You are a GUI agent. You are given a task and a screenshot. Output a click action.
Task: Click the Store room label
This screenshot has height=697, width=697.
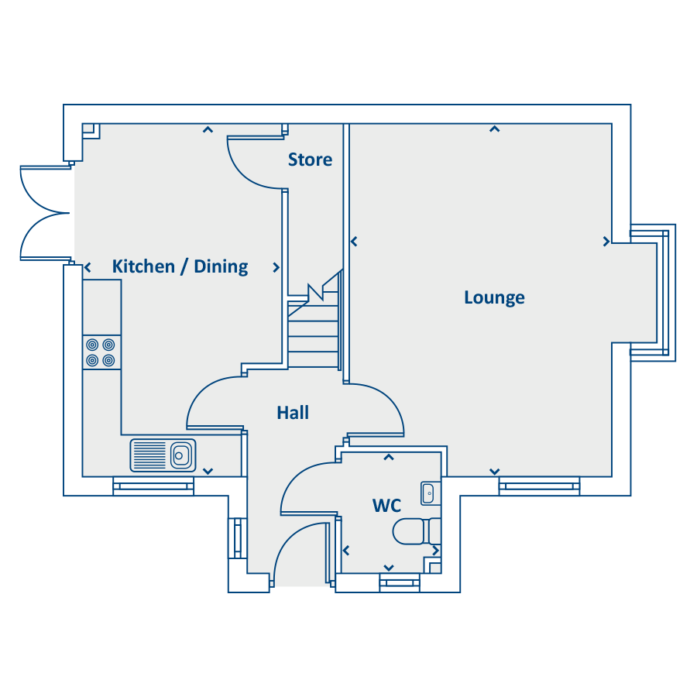pyautogui.click(x=310, y=160)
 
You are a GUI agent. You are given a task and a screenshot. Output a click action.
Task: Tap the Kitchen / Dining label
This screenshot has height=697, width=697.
pyautogui.click(x=180, y=266)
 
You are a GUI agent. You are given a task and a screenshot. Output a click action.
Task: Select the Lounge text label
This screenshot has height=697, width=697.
pyautogui.click(x=494, y=298)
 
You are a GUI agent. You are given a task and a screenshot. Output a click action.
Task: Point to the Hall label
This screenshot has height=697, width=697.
pyautogui.click(x=293, y=413)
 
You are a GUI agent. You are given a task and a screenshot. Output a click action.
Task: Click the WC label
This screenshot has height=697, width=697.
pyautogui.click(x=386, y=506)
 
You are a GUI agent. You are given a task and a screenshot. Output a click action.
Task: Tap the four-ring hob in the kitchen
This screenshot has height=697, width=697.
pyautogui.click(x=101, y=352)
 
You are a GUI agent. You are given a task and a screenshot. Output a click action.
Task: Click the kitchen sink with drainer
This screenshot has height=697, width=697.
pyautogui.click(x=163, y=455)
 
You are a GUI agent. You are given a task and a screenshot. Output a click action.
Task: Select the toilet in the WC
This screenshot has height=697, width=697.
pyautogui.click(x=416, y=531)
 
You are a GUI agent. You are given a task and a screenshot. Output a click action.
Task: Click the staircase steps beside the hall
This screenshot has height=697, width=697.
pyautogui.click(x=314, y=329)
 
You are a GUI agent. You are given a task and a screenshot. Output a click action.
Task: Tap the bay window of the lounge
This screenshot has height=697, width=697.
pyautogui.click(x=653, y=293)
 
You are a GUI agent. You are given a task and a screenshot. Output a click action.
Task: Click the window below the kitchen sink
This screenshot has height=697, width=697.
pyautogui.click(x=153, y=486)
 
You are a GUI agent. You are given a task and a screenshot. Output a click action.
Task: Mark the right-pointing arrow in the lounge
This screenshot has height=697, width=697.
pyautogui.click(x=606, y=242)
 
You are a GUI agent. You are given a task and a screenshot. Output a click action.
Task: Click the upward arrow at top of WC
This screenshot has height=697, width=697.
pyautogui.click(x=389, y=457)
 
